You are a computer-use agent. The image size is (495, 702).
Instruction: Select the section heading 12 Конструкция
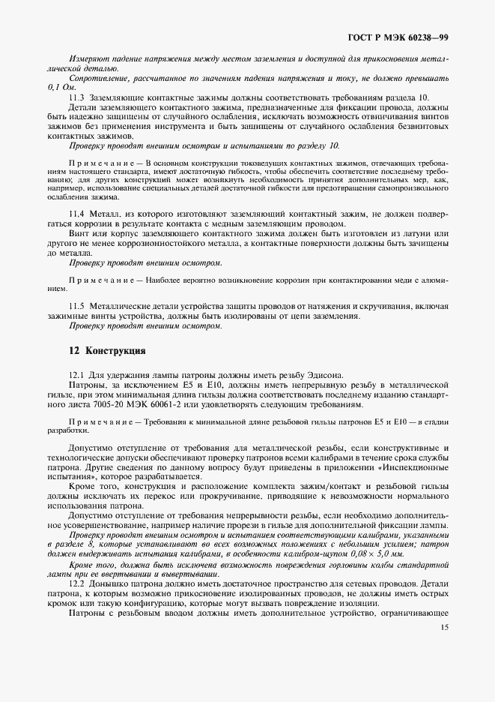pyautogui.click(x=106, y=350)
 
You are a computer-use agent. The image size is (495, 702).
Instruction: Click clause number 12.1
pyautogui.click(x=76, y=374)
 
